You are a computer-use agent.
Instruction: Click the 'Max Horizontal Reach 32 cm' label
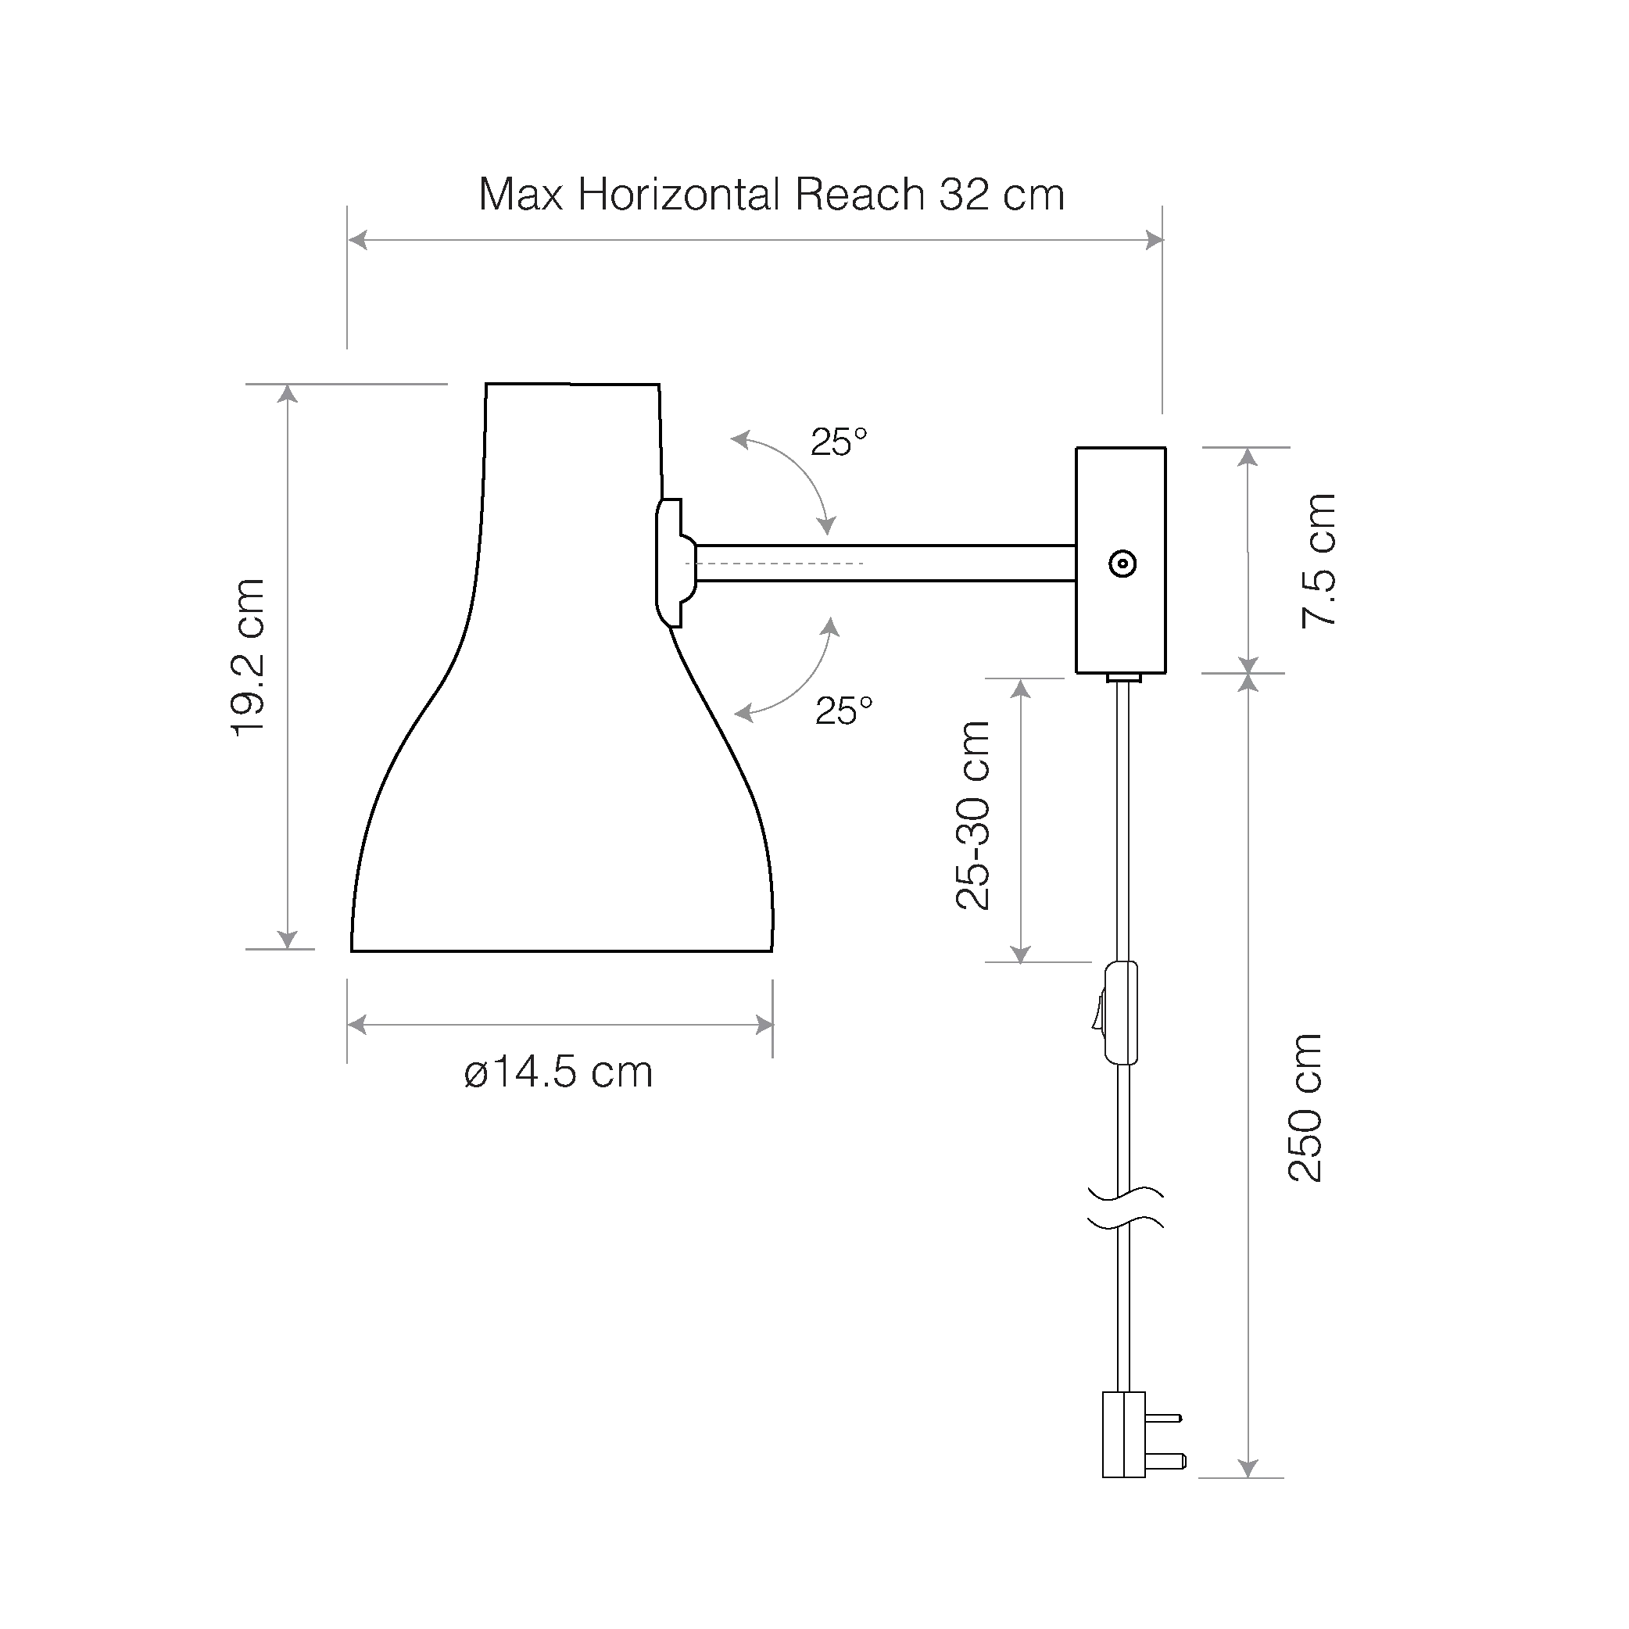[772, 195]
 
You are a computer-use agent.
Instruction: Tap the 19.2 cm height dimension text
[249, 658]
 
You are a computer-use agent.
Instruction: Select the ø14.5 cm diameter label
[558, 1073]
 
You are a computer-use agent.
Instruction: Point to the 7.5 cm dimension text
[1319, 560]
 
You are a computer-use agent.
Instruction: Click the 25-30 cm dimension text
[973, 816]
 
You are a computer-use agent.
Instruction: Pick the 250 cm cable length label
[1305, 1108]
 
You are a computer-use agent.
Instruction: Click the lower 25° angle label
[843, 711]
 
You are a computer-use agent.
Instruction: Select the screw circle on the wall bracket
[1122, 564]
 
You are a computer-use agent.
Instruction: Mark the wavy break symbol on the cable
[1125, 1207]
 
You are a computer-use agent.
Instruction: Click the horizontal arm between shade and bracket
[885, 564]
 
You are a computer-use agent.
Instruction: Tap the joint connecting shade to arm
[675, 562]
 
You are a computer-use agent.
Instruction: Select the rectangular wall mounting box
[1121, 560]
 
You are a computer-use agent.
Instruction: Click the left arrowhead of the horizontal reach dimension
[357, 240]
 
